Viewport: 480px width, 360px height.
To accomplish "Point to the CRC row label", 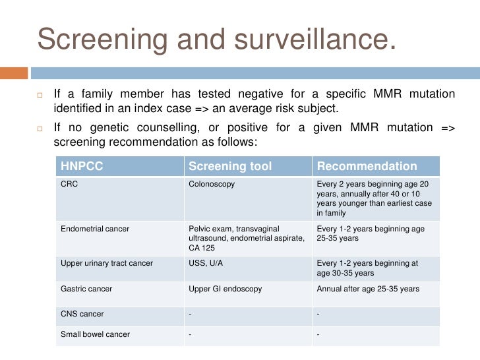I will coord(70,185).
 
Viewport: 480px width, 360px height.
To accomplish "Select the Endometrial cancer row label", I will coord(95,229).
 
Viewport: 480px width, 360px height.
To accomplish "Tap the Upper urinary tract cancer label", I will coord(107,263).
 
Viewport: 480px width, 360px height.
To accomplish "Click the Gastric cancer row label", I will coord(86,289).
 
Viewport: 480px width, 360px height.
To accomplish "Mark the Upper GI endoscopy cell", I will coord(225,289).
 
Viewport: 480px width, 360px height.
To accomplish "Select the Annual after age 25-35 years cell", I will coord(367,289).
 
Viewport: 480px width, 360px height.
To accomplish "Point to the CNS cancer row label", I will coord(82,314).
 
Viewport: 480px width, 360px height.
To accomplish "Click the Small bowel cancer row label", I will coord(96,334).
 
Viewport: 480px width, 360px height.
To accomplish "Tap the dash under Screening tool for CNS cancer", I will coord(190,314).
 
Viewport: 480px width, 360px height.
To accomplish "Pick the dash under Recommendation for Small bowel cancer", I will coord(318,334).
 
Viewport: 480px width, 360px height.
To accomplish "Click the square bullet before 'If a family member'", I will coord(40,95).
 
